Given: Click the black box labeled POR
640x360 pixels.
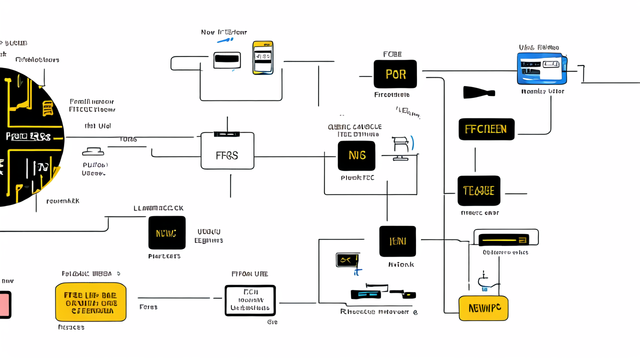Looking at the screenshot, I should point(395,74).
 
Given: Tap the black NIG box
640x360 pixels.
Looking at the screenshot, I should point(356,155).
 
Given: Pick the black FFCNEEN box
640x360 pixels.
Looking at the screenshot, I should point(486,129).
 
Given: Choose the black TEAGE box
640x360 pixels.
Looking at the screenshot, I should point(478,190).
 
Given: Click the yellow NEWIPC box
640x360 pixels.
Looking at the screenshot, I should point(483,308).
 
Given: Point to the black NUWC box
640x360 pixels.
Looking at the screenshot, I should point(167,232).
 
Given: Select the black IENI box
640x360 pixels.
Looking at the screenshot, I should point(397,241).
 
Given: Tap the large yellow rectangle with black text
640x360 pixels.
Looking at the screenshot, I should point(90,302).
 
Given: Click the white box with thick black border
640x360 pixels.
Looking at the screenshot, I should point(250,300).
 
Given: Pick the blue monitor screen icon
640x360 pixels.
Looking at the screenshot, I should point(542,69).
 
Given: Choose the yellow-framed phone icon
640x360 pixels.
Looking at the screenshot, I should point(263,57).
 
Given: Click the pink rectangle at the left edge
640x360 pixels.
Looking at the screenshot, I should point(4,304).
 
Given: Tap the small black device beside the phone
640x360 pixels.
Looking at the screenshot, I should point(227,60).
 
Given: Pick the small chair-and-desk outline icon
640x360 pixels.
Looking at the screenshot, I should point(401,148).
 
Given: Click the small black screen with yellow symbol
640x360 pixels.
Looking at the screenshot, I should point(347,259).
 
